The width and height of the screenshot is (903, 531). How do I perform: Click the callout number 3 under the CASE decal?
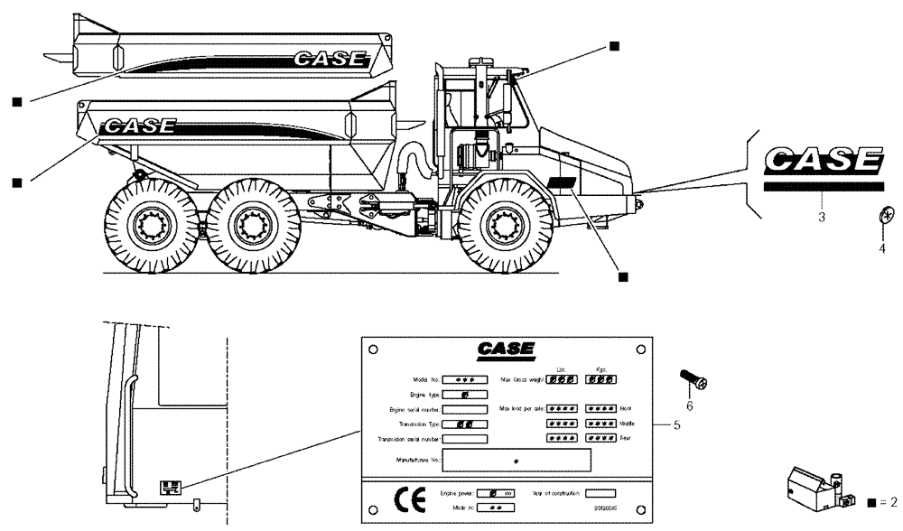[x=821, y=218]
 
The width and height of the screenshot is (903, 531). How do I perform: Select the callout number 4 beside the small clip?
[x=882, y=248]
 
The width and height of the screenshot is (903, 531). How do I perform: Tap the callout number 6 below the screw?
[x=689, y=406]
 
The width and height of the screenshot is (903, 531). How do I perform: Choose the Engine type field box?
[x=463, y=395]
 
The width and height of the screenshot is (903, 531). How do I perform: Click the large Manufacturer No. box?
[x=515, y=461]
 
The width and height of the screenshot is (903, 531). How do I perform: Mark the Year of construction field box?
[x=600, y=493]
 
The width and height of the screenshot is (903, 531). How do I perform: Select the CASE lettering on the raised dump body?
[x=330, y=60]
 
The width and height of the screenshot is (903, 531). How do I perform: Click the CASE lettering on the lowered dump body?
[x=140, y=126]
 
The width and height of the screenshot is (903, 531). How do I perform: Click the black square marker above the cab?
[x=614, y=46]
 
